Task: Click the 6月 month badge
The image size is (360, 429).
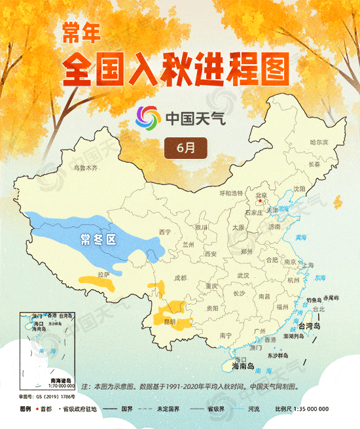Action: coord(186,147)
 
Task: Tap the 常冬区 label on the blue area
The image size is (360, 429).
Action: coord(98,239)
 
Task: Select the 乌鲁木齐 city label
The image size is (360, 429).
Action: coord(84,168)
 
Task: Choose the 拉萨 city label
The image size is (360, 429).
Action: coord(103,275)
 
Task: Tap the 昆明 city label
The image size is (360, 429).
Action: coord(170,322)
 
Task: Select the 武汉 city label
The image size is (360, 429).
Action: coord(243,275)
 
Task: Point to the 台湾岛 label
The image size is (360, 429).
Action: coord(309,326)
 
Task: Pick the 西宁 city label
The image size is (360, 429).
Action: coord(164,232)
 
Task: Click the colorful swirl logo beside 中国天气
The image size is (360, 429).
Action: coord(148,118)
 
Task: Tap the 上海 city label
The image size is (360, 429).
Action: coord(307,265)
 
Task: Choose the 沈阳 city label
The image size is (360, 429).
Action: coord(299,188)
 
